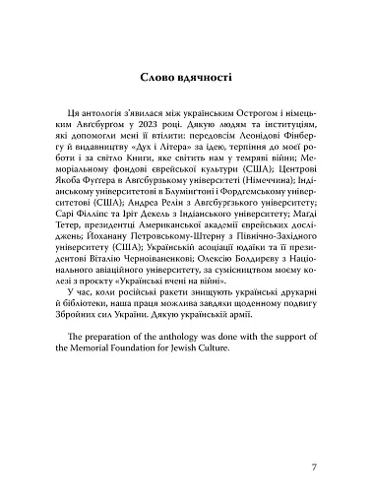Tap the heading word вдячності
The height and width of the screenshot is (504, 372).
(205, 75)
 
